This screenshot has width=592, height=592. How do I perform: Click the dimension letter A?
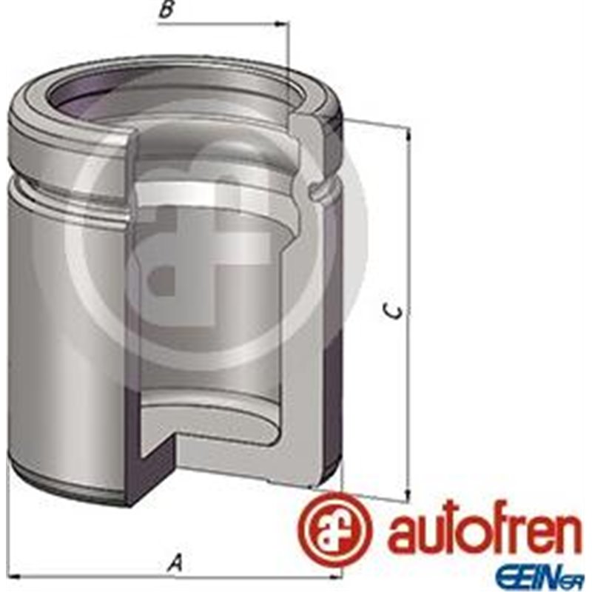tap(175, 564)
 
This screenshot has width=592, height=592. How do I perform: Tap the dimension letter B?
tap(168, 10)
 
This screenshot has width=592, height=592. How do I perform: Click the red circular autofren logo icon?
tap(331, 527)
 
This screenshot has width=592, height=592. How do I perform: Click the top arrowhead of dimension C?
tap(408, 133)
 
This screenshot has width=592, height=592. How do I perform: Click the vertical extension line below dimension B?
tap(287, 74)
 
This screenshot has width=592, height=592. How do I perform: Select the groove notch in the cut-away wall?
tap(317, 190)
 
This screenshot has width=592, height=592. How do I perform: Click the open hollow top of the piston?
tap(178, 96)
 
